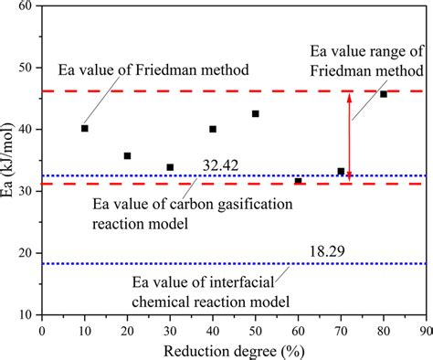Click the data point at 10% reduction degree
[85, 129]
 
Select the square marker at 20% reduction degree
[127, 156]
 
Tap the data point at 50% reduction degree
[255, 114]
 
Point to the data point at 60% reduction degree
[298, 181]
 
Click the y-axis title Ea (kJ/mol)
[11, 160]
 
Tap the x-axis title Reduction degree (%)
[234, 349]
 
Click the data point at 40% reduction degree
[213, 130]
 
